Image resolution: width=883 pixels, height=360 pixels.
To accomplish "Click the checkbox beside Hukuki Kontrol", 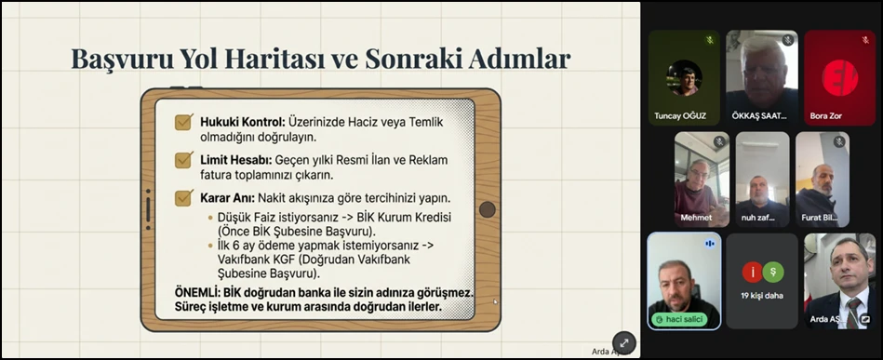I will pos(184,122).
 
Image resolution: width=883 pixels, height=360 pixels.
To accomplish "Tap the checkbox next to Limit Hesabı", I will pos(184,159).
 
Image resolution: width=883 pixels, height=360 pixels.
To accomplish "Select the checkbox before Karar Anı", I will pos(184,197).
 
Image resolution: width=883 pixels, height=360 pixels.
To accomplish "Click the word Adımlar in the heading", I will pos(516,60).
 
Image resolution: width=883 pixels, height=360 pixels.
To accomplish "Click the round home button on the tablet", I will pos(487,209).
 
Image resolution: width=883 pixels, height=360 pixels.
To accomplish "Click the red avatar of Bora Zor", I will pos(839,77).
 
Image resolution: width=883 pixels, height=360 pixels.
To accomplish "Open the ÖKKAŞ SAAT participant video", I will pos(762,74).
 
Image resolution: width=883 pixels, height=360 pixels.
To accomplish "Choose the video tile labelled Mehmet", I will pos(702,177).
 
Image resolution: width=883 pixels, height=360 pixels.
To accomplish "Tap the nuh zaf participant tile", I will pos(762,177).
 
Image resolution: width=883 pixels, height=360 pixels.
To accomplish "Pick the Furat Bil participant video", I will pos(822,177).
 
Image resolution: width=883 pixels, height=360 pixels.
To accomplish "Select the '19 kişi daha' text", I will pos(762,295).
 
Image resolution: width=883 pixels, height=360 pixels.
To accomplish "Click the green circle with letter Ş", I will pos(773,272).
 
